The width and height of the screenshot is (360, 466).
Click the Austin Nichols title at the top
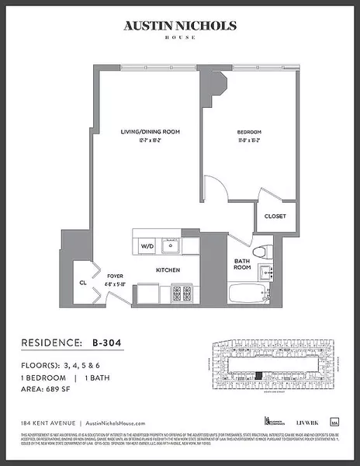179,26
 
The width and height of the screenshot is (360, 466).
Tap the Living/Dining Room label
150,132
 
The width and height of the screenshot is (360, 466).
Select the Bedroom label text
248,132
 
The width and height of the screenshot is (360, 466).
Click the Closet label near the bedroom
275,216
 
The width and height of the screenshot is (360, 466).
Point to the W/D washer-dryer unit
147,246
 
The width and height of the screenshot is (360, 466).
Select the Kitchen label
168,270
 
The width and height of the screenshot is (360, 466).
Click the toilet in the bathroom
265,251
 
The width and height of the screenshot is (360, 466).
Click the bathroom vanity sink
267,272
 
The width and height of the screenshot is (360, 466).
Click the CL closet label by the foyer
83,283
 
